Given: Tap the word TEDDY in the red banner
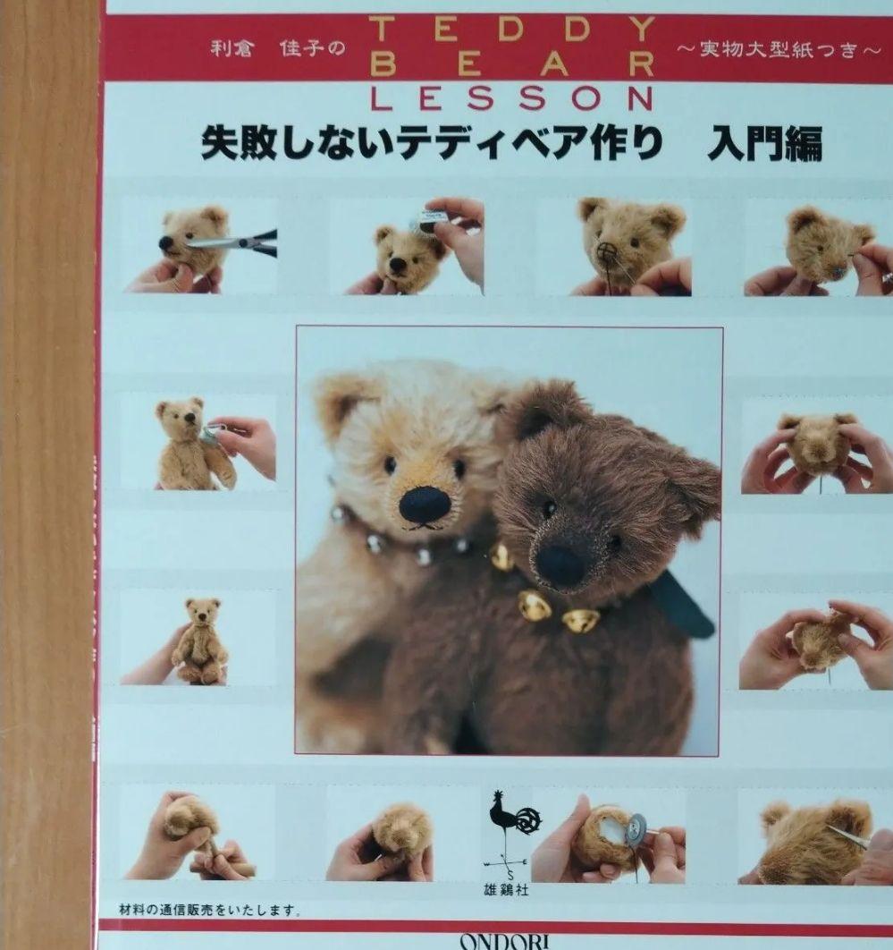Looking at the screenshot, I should click(511, 29).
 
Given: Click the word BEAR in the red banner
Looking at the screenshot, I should click(511, 64).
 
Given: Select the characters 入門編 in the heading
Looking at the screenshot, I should click(764, 143).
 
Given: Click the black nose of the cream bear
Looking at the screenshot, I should click(424, 505).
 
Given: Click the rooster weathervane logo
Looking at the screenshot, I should click(511, 818).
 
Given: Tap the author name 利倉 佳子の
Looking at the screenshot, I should click(277, 48).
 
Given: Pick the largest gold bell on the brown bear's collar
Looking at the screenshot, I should click(534, 606).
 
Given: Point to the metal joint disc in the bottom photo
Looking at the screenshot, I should click(635, 828).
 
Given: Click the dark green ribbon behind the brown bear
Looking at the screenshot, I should click(685, 604).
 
